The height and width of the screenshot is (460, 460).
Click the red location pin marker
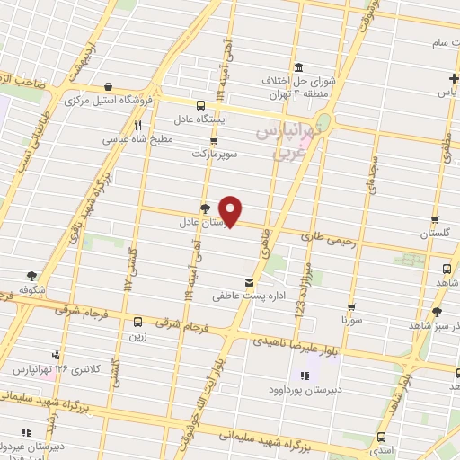coord(232,211)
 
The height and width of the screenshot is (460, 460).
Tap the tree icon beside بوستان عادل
coord(205,207)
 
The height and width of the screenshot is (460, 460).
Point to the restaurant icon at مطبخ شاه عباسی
coord(137,126)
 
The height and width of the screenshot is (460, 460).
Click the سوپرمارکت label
coord(214,154)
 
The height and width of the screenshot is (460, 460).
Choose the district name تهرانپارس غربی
coord(287,142)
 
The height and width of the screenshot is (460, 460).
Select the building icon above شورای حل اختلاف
coord(298,67)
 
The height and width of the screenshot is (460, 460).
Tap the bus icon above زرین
coord(137,320)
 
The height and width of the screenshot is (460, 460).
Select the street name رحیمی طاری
coord(326,238)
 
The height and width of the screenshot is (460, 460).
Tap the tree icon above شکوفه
coord(32,275)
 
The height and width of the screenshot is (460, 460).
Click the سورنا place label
coord(350,318)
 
